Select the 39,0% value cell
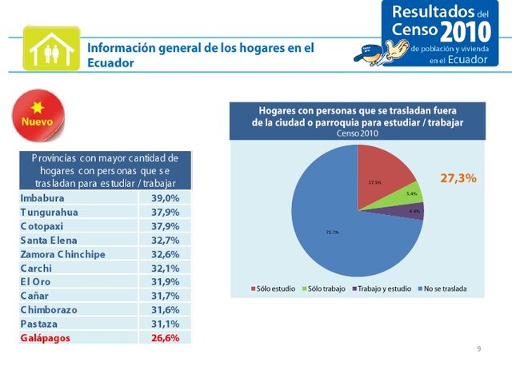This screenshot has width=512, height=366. (166, 197)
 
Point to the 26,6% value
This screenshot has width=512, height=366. (166, 338)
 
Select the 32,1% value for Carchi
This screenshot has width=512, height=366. (166, 268)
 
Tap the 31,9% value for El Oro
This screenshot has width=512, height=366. (166, 281)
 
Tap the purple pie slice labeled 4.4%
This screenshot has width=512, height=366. (414, 212)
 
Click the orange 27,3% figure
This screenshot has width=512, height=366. (458, 179)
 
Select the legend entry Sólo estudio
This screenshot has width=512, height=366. (277, 288)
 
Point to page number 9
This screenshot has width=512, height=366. (478, 349)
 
